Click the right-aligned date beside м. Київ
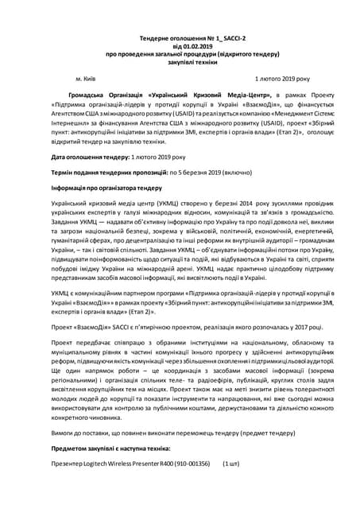click(x=282, y=79)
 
